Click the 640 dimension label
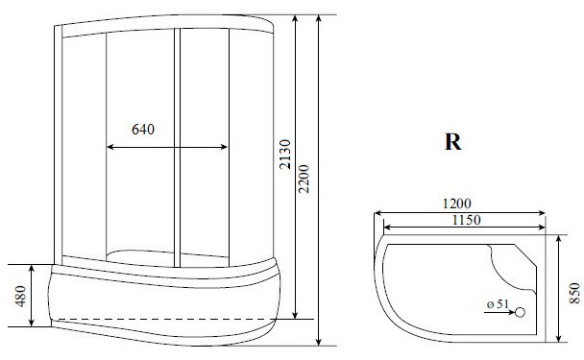click(x=143, y=130)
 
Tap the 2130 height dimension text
click(x=285, y=155)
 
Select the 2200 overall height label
click(x=304, y=179)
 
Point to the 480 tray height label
click(x=21, y=296)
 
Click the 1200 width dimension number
click(x=456, y=204)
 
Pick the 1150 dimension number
click(x=466, y=220)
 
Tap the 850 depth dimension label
click(x=574, y=293)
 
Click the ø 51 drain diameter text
click(x=498, y=304)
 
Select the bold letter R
click(x=453, y=141)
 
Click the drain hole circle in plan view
click(x=520, y=312)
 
